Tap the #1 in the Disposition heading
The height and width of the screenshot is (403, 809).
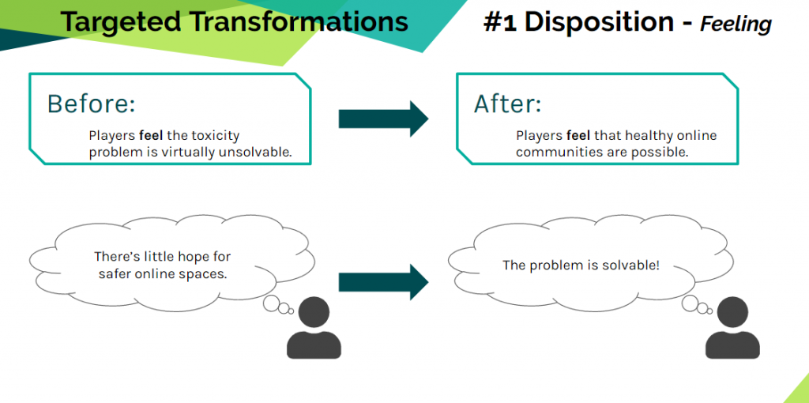click(500, 22)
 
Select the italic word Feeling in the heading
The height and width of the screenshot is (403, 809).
click(736, 24)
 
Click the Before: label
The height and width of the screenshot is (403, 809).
click(91, 104)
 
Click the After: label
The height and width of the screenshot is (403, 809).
click(508, 104)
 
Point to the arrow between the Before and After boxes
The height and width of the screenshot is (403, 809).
click(383, 119)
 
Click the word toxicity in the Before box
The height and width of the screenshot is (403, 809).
click(213, 136)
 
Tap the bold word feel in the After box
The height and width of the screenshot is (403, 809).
click(578, 136)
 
